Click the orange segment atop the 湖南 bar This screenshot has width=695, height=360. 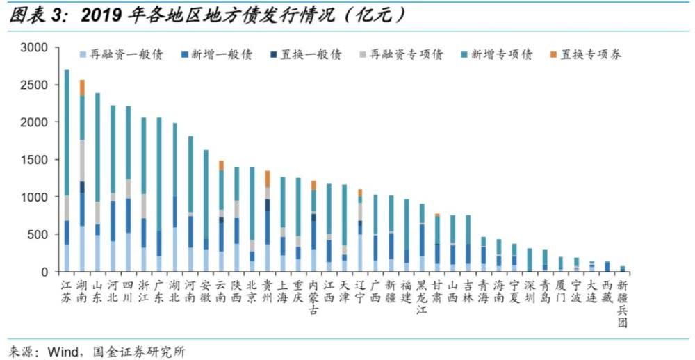82,88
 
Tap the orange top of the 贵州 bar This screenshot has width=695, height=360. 267,179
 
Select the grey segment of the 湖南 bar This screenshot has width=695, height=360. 82,161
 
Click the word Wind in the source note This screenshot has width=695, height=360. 62,352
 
